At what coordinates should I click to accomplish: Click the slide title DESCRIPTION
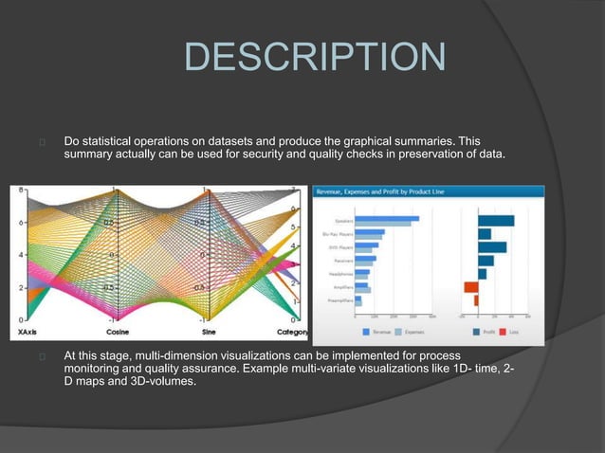313,57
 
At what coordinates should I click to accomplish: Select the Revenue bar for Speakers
387,219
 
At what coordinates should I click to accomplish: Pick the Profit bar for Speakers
496,220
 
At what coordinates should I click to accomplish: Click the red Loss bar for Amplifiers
470,286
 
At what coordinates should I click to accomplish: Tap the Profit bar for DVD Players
492,246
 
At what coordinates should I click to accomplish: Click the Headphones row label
341,273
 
